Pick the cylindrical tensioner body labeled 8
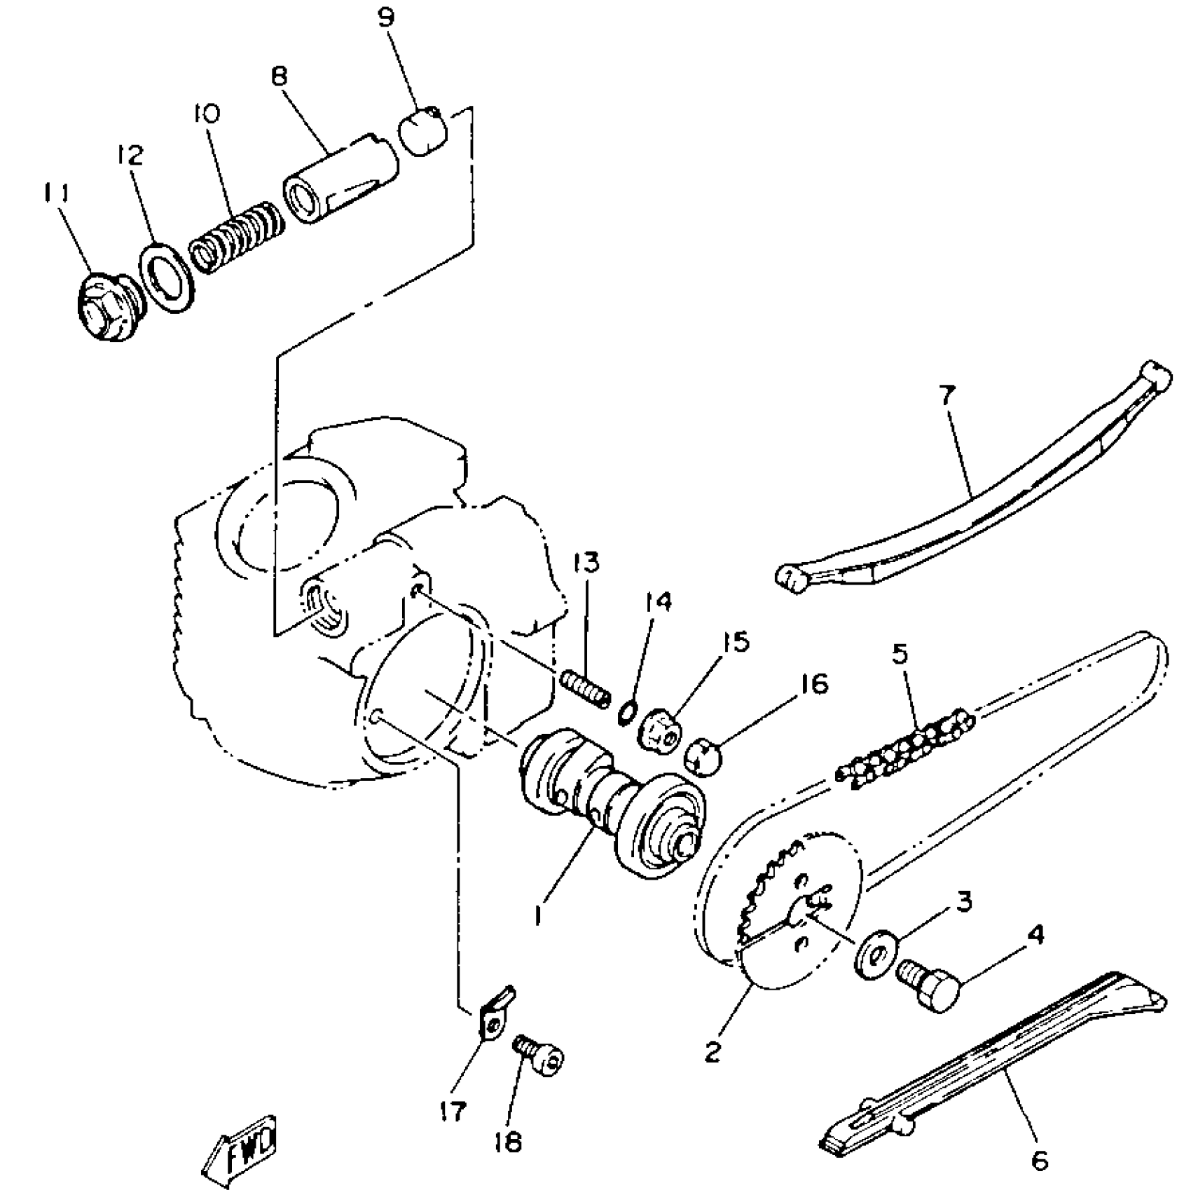(340, 179)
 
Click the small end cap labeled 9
(423, 130)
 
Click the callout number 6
(1040, 1161)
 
